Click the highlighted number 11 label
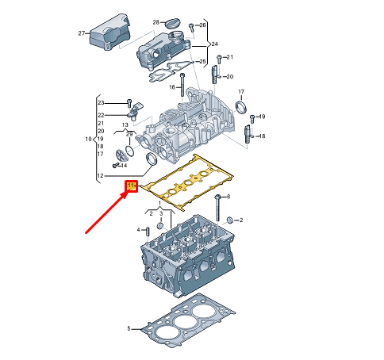click(x=132, y=186)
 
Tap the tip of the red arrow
click(x=127, y=193)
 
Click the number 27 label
click(x=82, y=33)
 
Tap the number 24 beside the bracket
click(x=214, y=44)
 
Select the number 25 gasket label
click(x=203, y=62)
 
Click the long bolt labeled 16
click(x=182, y=82)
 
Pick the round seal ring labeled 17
click(x=242, y=108)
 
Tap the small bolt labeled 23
click(x=128, y=103)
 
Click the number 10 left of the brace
click(x=89, y=140)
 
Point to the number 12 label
click(x=100, y=175)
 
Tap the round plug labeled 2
click(x=230, y=219)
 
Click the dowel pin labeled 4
click(x=147, y=231)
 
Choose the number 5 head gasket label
click(x=129, y=328)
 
